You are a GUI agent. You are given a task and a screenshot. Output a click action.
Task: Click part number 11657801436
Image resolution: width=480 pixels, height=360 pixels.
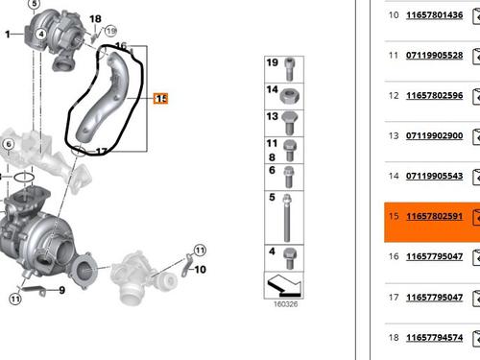coord(434,15)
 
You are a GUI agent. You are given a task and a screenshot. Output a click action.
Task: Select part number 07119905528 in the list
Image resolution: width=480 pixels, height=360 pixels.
coord(434,56)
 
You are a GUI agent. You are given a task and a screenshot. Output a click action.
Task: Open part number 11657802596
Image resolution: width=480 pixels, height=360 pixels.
coord(434,96)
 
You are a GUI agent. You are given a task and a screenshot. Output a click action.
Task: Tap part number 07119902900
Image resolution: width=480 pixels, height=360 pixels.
coord(434,135)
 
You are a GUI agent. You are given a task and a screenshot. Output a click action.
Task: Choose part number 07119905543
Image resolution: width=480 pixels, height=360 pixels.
coord(434,176)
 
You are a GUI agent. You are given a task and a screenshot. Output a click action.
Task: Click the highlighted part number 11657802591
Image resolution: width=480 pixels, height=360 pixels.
coord(434,216)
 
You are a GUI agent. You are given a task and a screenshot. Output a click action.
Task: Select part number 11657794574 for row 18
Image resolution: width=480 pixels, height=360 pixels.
coord(434,338)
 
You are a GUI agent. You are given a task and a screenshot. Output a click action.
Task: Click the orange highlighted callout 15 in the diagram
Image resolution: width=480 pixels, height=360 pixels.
coord(160,99)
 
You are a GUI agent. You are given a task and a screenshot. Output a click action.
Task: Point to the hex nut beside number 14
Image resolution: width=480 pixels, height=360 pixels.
coord(289,96)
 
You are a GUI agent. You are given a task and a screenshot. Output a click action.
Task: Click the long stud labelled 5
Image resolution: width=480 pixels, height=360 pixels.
coord(287,218)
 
